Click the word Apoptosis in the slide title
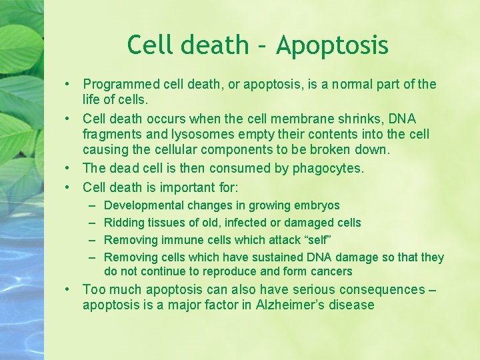pyautogui.click(x=332, y=46)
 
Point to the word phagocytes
pyautogui.click(x=327, y=169)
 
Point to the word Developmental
pyautogui.click(x=144, y=206)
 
